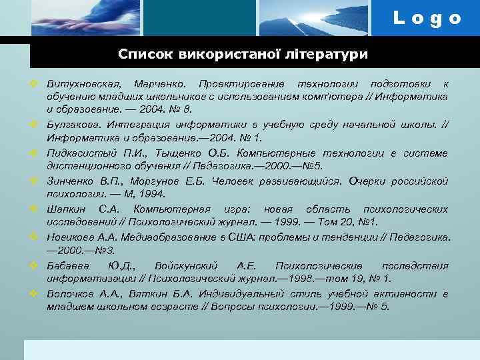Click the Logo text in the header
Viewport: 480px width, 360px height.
tap(427, 19)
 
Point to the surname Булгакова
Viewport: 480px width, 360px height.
tap(73, 125)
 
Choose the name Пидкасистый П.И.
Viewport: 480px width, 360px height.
tap(84, 153)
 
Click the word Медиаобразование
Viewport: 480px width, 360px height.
tap(170, 237)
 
